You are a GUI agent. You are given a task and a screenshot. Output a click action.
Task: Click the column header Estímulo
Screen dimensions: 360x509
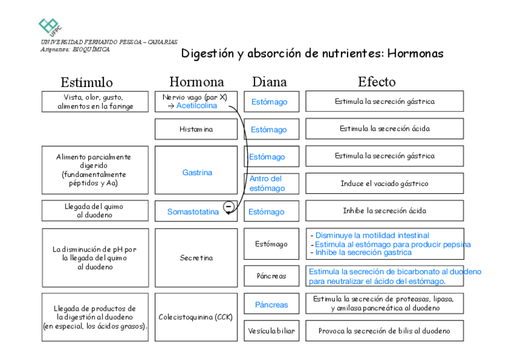pos(86,82)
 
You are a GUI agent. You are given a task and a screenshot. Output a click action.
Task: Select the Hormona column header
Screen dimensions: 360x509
pos(196,82)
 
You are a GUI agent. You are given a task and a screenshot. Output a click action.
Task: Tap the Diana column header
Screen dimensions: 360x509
pos(270,82)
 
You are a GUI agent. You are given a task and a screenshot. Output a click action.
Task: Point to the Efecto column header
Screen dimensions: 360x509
pos(377,82)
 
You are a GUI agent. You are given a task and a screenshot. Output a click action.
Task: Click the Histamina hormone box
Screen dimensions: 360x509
pos(196,129)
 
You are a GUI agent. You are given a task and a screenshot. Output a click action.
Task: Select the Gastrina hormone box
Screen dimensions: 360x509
pos(197,172)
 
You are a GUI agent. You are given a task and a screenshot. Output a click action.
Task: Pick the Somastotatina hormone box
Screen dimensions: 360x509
pos(193,212)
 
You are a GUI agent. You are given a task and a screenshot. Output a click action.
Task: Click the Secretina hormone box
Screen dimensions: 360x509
pos(196,258)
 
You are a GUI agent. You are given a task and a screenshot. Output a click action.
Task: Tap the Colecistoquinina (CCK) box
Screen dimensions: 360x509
pos(196,317)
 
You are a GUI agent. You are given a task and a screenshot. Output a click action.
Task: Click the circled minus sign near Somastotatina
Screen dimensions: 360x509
pos(229,207)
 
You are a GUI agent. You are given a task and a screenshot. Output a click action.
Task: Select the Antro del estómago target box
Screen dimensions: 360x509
pos(270,184)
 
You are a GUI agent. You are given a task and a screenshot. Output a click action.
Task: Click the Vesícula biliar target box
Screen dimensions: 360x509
pos(271,331)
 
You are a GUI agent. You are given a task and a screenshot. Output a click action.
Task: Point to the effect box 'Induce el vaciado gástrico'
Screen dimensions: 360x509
pos(384,184)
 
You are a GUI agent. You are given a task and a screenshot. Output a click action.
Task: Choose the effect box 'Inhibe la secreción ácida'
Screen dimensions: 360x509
pos(384,211)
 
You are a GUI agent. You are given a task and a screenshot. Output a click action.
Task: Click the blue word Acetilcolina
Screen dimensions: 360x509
pos(196,106)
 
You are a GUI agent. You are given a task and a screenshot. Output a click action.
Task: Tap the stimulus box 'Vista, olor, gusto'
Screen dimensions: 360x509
pos(95,101)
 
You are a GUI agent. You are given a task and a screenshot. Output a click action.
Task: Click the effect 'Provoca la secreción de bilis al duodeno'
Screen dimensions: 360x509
pos(384,331)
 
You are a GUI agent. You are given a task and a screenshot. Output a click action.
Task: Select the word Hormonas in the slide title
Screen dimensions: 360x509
pos(415,53)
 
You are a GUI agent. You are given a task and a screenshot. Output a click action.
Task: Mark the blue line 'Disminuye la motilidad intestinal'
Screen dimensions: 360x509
pos(372,235)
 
